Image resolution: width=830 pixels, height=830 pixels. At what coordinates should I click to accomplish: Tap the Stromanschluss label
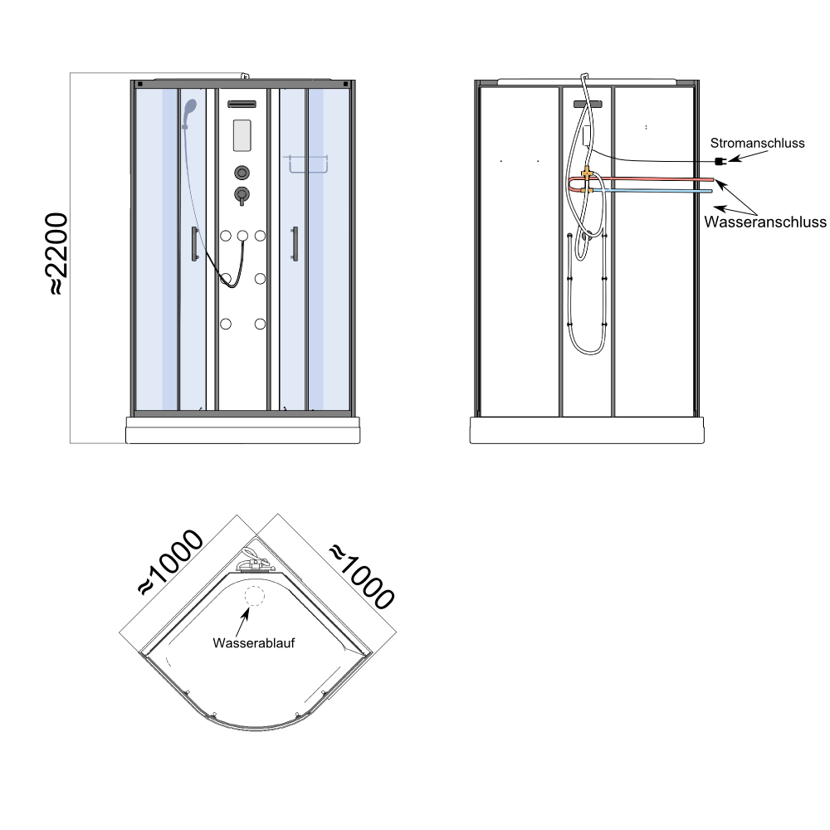(x=757, y=143)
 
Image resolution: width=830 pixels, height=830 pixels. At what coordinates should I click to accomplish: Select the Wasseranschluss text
(x=765, y=222)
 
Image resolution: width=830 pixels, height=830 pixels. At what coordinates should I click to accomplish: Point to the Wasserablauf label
(x=253, y=642)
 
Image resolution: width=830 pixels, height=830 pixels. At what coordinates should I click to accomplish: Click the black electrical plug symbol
(x=720, y=161)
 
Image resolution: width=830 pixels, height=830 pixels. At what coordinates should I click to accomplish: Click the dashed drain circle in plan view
(x=254, y=596)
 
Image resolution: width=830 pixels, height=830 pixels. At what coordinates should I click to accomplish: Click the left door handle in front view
(x=194, y=243)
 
